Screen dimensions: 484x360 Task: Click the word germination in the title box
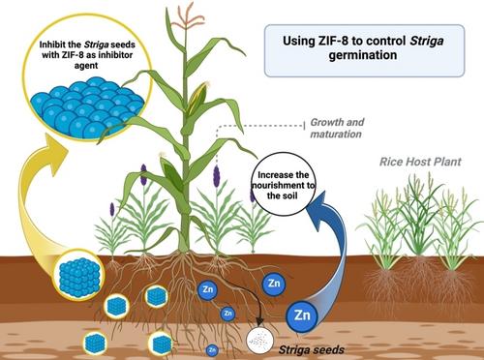pyautogui.click(x=363, y=55)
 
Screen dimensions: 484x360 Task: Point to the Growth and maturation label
pyautogui.click(x=337, y=128)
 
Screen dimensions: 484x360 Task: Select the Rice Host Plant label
pyautogui.click(x=420, y=162)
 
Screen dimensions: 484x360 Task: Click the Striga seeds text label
pyautogui.click(x=311, y=349)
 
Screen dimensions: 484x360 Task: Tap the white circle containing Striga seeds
pyautogui.click(x=260, y=341)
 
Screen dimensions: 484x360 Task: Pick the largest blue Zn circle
pyautogui.click(x=302, y=316)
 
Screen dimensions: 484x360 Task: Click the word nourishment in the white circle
pyautogui.click(x=282, y=186)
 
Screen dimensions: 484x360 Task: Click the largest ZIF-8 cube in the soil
pyautogui.click(x=79, y=274)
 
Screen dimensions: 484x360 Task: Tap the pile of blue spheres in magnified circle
pyautogui.click(x=87, y=108)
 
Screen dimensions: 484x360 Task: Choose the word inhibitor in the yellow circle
pyautogui.click(x=115, y=55)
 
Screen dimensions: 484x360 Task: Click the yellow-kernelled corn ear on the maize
pyautogui.click(x=197, y=97)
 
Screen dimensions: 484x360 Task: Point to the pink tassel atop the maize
pyautogui.click(x=185, y=17)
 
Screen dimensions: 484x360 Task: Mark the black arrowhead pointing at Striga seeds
pyautogui.click(x=260, y=321)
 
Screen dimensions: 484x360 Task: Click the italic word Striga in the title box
pyautogui.click(x=427, y=42)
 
